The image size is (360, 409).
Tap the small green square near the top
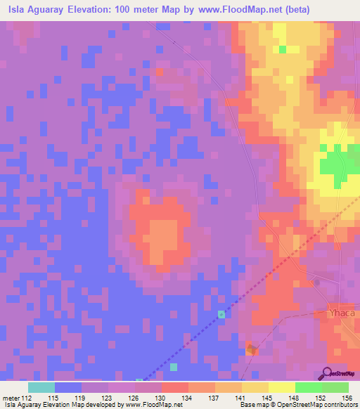[283, 49]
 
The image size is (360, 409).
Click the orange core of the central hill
[163, 235]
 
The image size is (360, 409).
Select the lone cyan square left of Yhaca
[222, 314]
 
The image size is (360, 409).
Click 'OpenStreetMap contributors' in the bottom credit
[323, 405]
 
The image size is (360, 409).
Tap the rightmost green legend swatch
[335, 387]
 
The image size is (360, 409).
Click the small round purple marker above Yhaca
[316, 283]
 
